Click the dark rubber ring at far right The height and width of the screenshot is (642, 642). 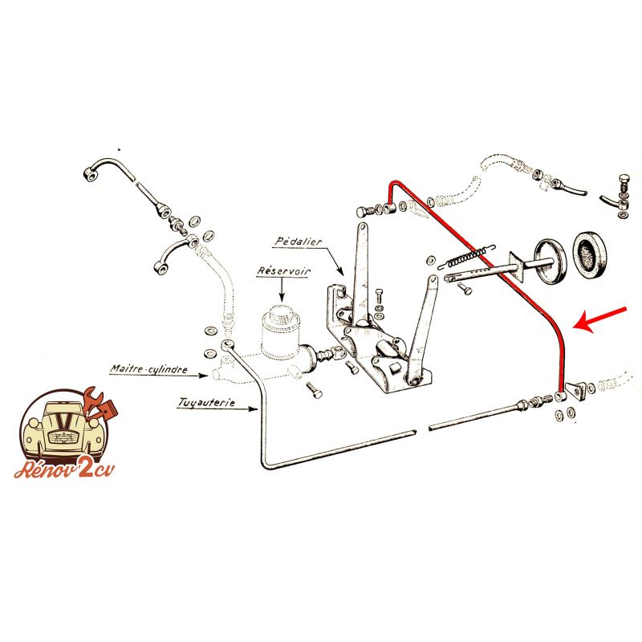tap(594, 254)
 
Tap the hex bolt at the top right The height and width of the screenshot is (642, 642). tap(624, 182)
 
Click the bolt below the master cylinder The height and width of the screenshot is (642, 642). tap(313, 391)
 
